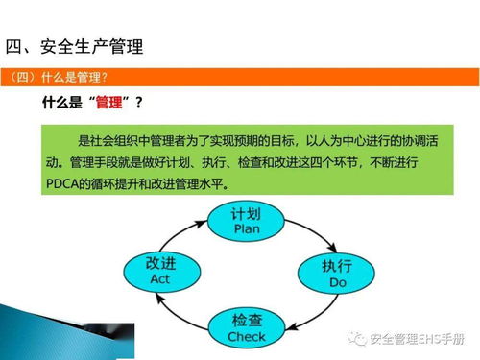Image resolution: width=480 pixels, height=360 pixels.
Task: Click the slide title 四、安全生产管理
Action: coord(81,46)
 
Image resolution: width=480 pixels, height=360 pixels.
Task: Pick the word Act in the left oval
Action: coord(159,278)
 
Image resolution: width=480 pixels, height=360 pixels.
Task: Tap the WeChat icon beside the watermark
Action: coord(358,339)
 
